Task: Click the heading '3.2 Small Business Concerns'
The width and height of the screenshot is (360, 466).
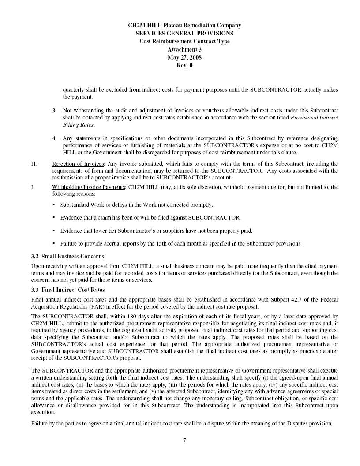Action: coord(67,256)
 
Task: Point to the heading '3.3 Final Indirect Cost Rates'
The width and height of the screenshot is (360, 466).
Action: coord(68,290)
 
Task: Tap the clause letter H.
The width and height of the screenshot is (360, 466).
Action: coord(34,164)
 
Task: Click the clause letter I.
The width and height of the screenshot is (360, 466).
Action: coord(33,187)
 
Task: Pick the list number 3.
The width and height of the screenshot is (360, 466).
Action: coord(54,110)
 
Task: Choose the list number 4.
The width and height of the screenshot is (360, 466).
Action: coord(54,138)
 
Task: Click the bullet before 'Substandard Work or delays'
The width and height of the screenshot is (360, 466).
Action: coord(53,205)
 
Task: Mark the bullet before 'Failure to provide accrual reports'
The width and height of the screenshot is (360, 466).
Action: coord(53,243)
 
